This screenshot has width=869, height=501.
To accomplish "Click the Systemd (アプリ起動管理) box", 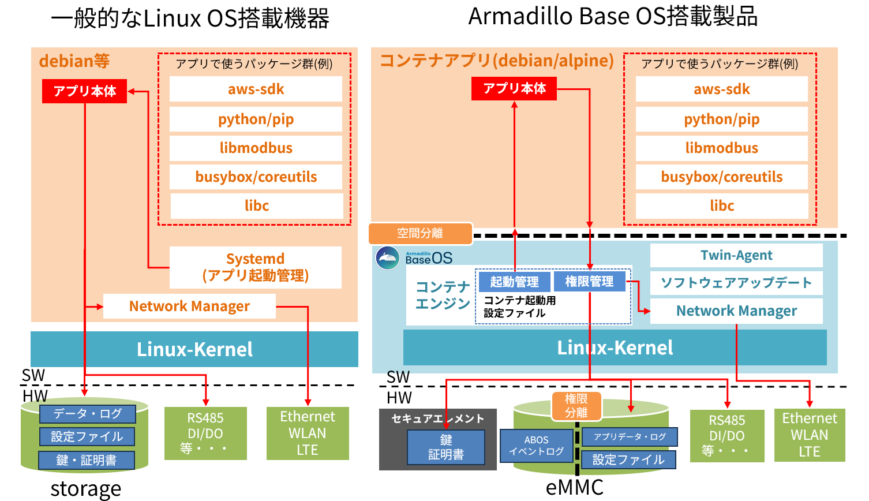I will [x=255, y=267].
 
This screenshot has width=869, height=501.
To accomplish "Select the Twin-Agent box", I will [x=736, y=255].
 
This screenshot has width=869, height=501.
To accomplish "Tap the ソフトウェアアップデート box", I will [x=736, y=282].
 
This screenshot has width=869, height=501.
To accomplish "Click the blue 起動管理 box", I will [x=514, y=282].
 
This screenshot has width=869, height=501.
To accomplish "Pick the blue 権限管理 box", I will [x=589, y=281].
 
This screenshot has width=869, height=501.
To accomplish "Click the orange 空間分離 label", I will [x=420, y=233].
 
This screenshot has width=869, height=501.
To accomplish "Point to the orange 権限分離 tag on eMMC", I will [x=576, y=406].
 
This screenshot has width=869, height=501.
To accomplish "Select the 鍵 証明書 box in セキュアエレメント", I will [x=445, y=447].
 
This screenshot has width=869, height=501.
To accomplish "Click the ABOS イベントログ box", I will [x=536, y=446].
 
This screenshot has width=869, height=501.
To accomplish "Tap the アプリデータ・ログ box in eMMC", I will [x=630, y=437].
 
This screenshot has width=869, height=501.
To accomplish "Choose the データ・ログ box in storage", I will [x=88, y=414].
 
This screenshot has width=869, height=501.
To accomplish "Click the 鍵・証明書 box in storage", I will [x=87, y=460].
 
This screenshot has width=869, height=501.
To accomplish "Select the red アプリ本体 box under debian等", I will [x=84, y=91].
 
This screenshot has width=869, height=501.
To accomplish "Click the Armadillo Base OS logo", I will [x=388, y=257].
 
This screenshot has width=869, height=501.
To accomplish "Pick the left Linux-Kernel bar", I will [x=194, y=349].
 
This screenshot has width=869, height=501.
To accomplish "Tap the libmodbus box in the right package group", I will [x=721, y=148].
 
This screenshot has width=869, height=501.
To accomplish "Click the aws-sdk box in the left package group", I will [x=256, y=89].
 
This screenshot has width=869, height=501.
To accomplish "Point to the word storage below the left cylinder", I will [x=86, y=489].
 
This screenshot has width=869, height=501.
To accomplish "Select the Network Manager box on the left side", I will [x=189, y=306].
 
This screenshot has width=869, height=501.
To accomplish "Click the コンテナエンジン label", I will [x=443, y=295].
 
